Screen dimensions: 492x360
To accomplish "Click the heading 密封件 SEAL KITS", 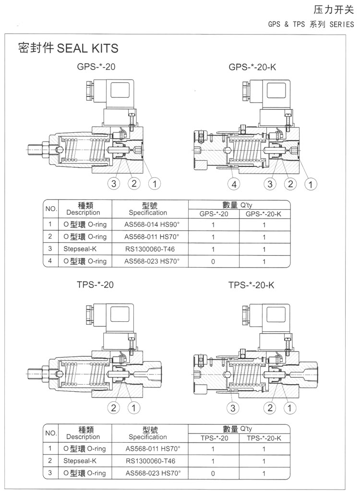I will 68,48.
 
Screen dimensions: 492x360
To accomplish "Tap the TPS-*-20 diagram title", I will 95,284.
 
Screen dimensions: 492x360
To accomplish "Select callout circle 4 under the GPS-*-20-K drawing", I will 234,184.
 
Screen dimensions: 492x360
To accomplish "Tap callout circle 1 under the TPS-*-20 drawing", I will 133,408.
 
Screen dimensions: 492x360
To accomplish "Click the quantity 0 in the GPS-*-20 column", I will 213,261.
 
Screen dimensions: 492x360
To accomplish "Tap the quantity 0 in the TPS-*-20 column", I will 213,473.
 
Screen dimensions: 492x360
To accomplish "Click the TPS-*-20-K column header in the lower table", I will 264,438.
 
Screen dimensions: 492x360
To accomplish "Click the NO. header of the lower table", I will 50,433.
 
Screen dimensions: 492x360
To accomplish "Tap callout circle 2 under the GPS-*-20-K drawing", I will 290,184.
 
